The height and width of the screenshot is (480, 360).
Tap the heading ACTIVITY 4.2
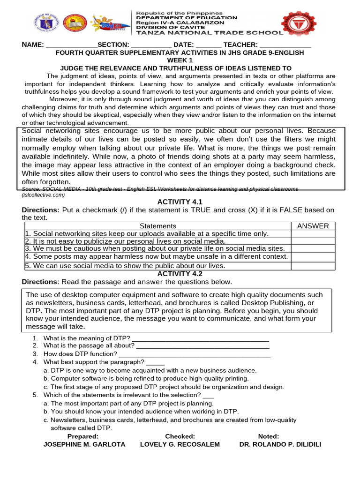pyautogui.click(x=180, y=273)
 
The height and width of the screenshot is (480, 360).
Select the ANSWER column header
pyautogui.click(x=313, y=226)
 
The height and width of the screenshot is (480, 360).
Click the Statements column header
pyautogui.click(x=158, y=226)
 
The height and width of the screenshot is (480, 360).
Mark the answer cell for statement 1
pyautogui.click(x=313, y=233)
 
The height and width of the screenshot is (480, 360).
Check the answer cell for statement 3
pyautogui.click(x=313, y=249)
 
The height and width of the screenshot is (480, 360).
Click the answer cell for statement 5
pyautogui.click(x=313, y=266)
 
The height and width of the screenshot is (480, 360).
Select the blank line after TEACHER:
pyautogui.click(x=285, y=45)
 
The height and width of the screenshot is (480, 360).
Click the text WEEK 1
pyautogui.click(x=180, y=60)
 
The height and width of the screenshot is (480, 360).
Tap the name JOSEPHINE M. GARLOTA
pyautogui.click(x=84, y=444)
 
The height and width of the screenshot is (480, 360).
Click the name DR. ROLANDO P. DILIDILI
pyautogui.click(x=280, y=444)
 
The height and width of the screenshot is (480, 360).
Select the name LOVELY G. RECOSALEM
pyautogui.click(x=180, y=444)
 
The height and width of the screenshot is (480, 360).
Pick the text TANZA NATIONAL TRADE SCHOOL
pyautogui.click(x=209, y=33)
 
